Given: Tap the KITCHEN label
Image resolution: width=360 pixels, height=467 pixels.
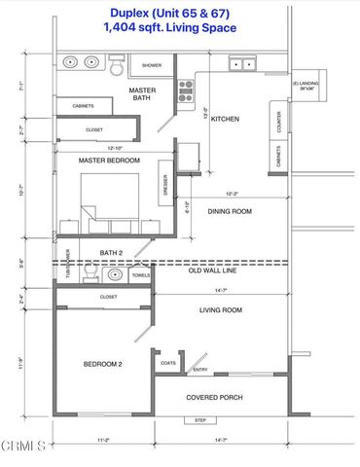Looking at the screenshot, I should pos(225,120).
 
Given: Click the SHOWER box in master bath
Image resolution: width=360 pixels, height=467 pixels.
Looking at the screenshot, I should pos(152,66).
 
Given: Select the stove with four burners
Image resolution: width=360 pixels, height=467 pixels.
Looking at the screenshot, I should pos(186,90).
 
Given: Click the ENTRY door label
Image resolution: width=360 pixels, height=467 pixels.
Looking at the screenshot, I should pos(200,370).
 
